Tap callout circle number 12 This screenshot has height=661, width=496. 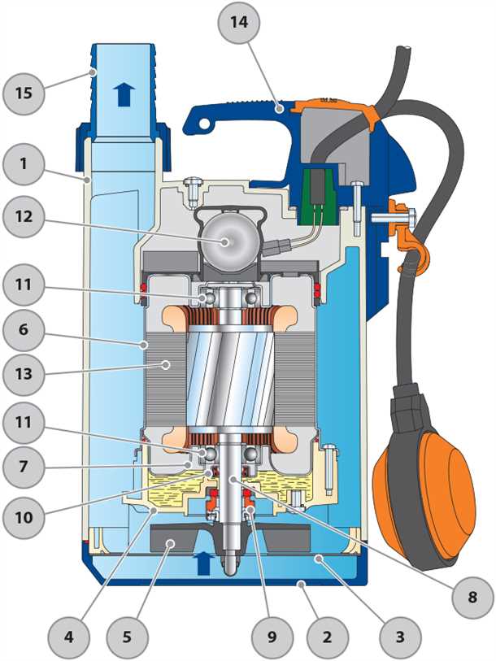pyautogui.click(x=24, y=217)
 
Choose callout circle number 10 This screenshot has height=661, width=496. pyautogui.click(x=24, y=516)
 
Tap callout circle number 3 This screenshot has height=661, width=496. pyautogui.click(x=398, y=632)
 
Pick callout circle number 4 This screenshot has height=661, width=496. pyautogui.click(x=68, y=632)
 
